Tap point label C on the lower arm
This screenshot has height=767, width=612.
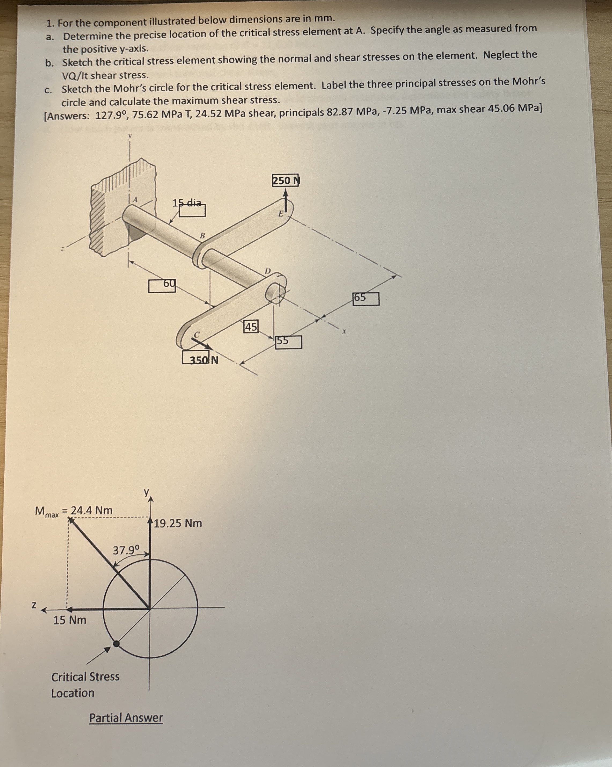[x=196, y=334]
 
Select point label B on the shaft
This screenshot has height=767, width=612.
[x=202, y=235]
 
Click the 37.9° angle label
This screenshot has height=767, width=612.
[x=126, y=550]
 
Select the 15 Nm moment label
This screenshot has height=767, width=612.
[x=70, y=620]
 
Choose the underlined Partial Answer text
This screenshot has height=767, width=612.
[x=126, y=718]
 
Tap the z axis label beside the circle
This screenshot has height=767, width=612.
[x=34, y=605]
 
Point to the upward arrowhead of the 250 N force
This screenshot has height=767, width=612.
[x=285, y=192]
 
